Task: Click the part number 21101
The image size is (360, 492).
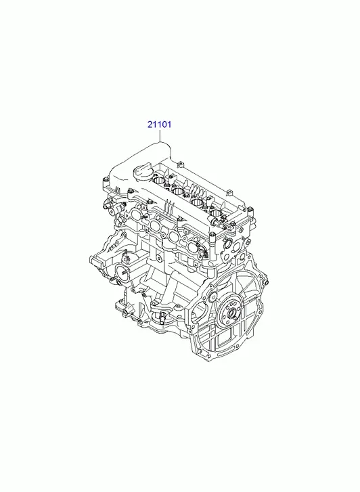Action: [160, 125]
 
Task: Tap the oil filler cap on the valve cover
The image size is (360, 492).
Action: [143, 173]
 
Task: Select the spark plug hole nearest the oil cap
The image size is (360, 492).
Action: [160, 181]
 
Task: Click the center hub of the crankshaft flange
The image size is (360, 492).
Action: [231, 312]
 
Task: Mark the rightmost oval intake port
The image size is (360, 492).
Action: [190, 242]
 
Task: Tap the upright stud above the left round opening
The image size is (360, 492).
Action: [127, 254]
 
